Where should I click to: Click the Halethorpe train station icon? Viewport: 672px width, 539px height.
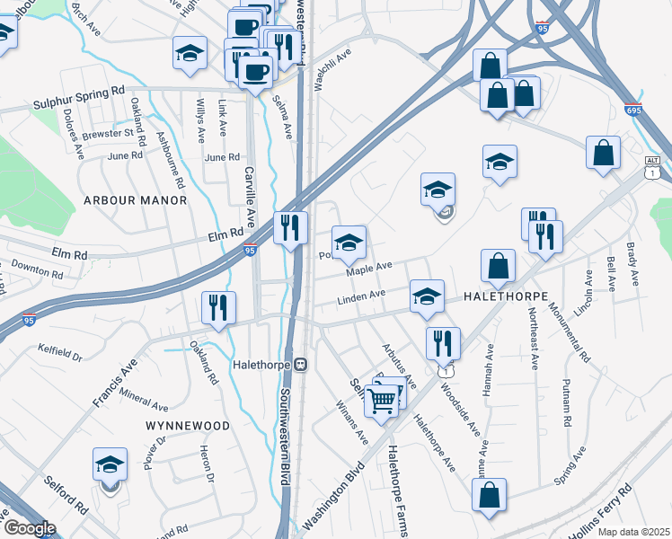pos(302,365)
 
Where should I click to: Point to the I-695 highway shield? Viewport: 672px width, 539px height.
pos(633,109)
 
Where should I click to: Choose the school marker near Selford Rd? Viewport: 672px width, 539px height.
pos(111,464)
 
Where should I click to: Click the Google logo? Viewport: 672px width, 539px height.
pos(30,527)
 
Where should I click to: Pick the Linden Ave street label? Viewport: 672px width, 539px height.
pos(361,296)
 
